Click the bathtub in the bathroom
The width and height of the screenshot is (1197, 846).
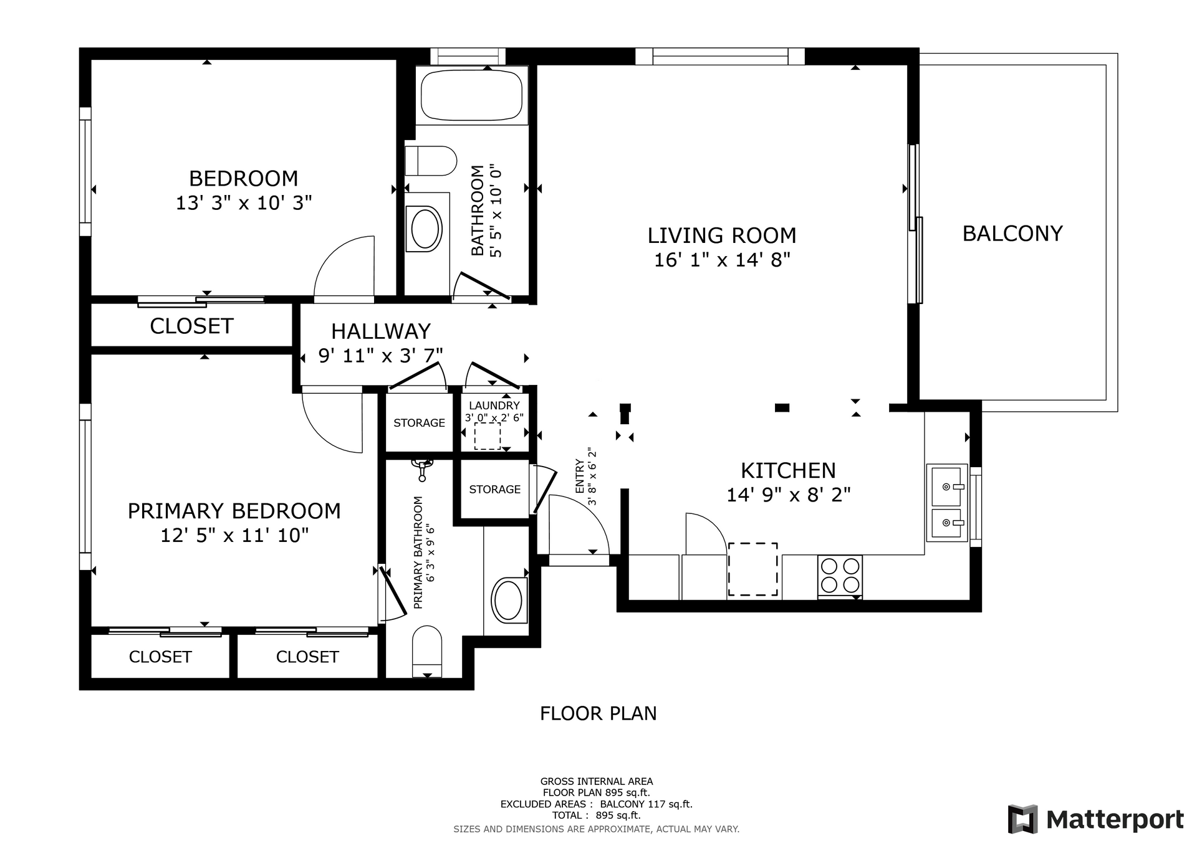[471, 96]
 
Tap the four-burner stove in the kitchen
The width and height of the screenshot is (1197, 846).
[840, 575]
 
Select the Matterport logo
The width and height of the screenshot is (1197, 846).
[1095, 819]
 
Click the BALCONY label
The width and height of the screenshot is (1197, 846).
[1012, 234]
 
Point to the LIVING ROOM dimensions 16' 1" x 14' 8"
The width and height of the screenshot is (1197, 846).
[722, 260]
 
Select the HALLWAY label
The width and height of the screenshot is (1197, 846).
[380, 331]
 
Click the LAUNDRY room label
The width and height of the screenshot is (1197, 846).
[494, 406]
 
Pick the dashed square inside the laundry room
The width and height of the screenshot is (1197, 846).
[487, 435]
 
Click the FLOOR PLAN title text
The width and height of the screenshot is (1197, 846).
[598, 713]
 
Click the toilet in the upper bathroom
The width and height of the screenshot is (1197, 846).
[430, 161]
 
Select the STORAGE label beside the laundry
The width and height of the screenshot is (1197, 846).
[419, 423]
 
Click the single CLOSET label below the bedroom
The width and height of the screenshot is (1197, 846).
[191, 326]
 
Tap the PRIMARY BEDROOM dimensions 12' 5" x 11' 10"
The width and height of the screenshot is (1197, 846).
[234, 535]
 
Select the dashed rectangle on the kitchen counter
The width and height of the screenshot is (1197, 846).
[752, 569]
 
